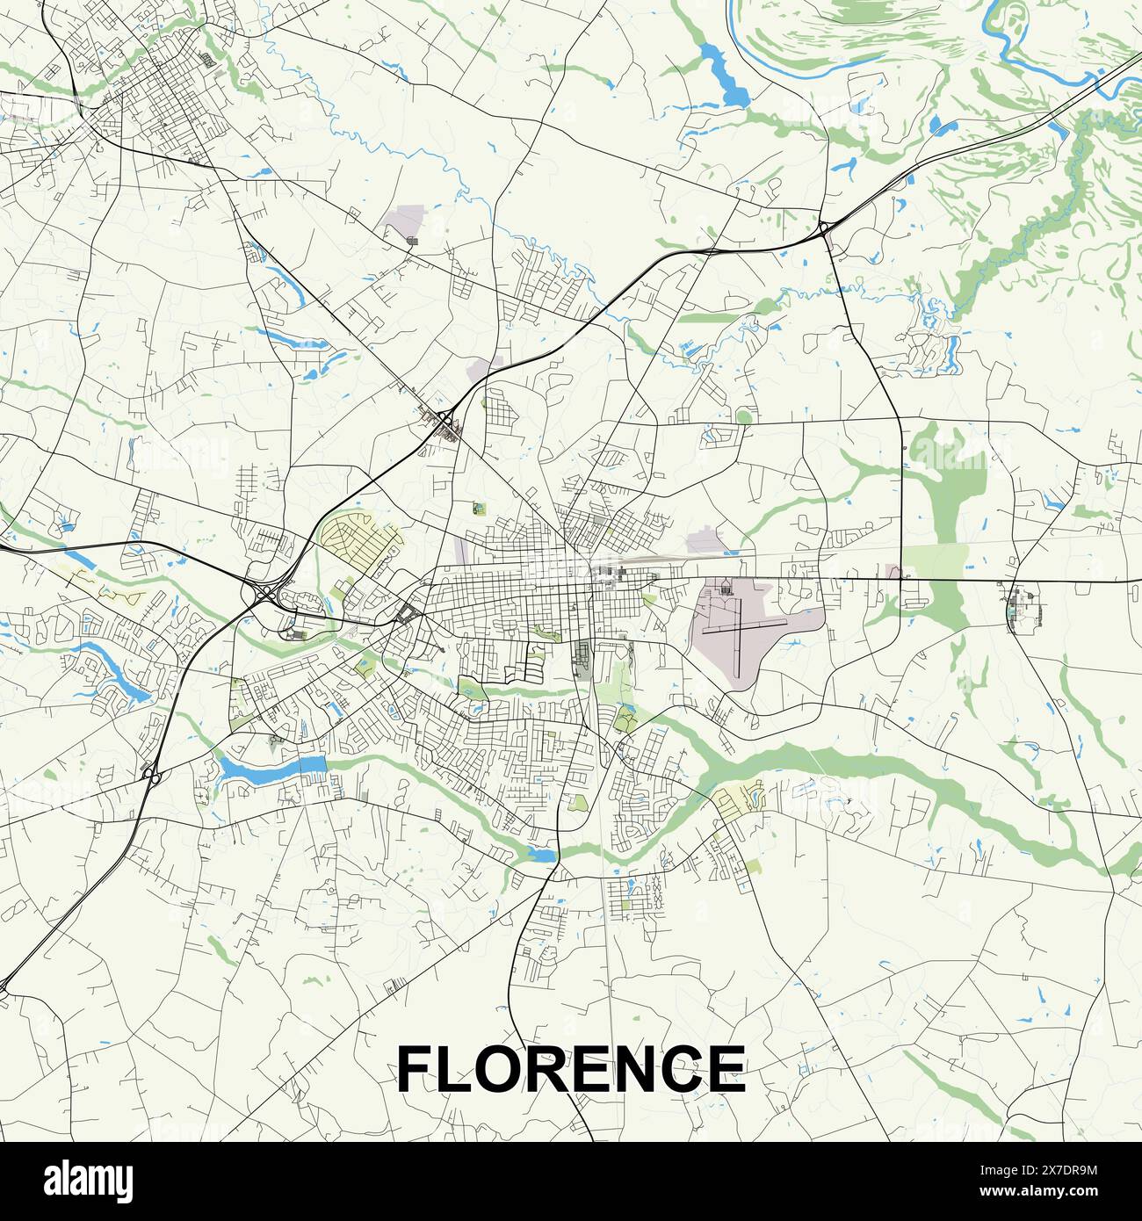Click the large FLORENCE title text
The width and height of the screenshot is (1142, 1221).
571,1067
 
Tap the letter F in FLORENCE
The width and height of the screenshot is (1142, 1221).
417,1067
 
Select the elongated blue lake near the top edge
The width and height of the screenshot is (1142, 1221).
722,75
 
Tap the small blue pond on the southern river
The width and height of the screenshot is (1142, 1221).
541,855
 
